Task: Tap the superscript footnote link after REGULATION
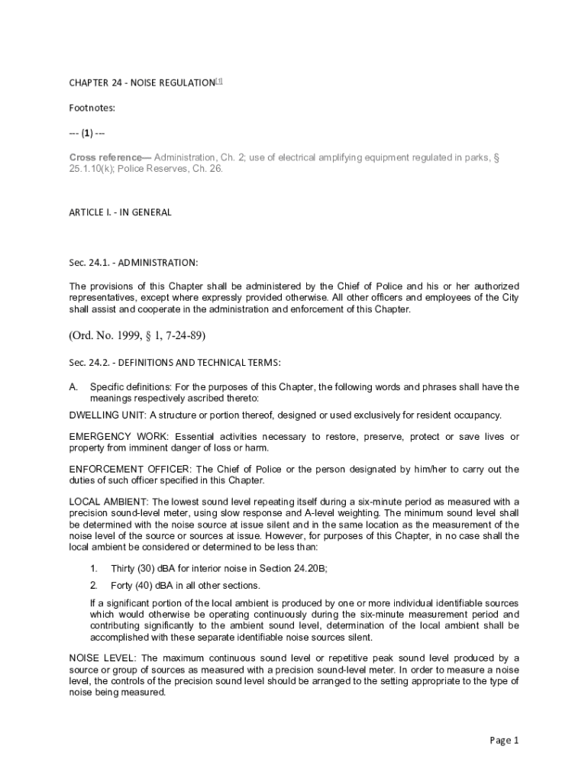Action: [x=218, y=80]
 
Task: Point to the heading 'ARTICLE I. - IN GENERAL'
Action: [x=120, y=212]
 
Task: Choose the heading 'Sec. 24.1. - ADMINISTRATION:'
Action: [x=133, y=263]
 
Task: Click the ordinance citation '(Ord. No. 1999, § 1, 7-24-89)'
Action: [x=137, y=335]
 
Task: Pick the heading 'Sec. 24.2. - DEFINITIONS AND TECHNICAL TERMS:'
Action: [x=175, y=361]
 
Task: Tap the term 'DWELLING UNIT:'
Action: [x=108, y=415]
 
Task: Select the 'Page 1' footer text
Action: [x=504, y=740]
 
